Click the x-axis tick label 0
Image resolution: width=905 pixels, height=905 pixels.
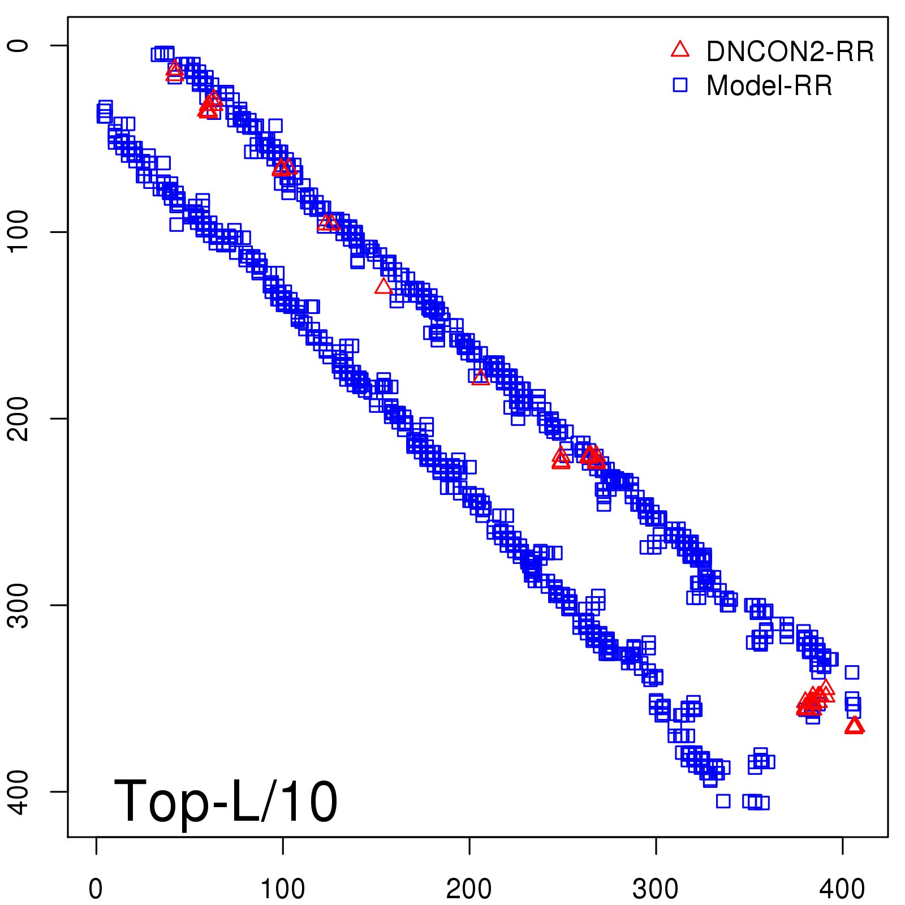click(x=96, y=889)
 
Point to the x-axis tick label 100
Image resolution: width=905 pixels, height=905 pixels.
click(x=282, y=889)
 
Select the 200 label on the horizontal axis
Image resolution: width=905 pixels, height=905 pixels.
click(x=469, y=889)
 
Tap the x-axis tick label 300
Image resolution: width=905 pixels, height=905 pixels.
click(x=656, y=889)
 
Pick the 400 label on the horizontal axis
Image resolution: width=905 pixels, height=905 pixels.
click(x=842, y=889)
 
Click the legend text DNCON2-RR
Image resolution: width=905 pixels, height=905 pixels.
click(x=790, y=51)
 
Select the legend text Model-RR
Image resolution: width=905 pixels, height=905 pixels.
click(x=769, y=86)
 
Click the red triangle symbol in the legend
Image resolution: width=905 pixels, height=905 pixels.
click(x=680, y=50)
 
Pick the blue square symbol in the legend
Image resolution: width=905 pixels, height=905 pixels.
click(x=680, y=85)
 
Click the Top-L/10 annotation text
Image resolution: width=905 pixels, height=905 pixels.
click(x=226, y=801)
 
